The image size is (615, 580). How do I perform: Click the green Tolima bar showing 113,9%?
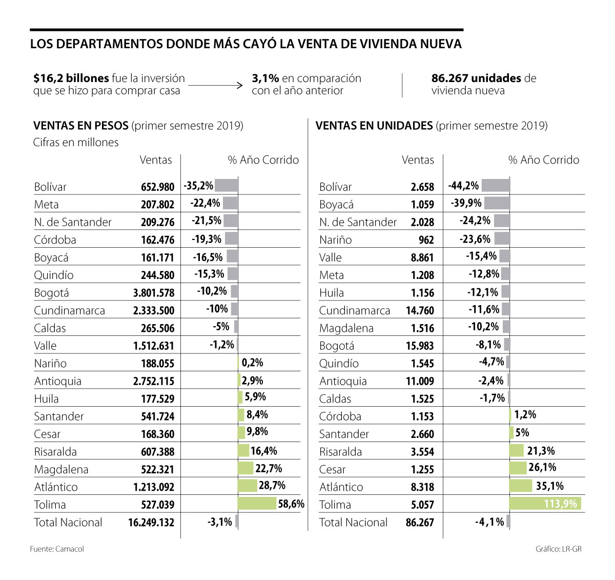545,504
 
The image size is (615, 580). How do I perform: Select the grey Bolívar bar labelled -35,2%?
226,186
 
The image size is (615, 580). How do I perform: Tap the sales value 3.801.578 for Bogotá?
154,293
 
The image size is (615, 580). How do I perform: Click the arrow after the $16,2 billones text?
215,85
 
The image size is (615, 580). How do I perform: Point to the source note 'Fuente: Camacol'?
57,549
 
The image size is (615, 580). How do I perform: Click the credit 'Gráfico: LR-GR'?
559,549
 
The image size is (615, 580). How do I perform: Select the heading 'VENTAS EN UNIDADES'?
374,126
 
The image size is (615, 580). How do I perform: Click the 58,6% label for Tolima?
291,504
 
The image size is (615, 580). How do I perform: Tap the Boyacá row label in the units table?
336,205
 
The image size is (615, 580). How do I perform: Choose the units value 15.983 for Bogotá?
420,346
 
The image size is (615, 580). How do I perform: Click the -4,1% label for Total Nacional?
489,522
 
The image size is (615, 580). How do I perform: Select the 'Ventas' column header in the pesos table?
156,160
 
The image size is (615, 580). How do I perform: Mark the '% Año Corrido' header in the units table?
544,160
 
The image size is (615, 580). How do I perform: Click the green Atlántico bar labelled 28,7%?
248,486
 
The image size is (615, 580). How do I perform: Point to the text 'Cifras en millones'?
76,143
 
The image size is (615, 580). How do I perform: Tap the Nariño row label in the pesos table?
50,364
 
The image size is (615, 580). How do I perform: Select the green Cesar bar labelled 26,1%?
518,468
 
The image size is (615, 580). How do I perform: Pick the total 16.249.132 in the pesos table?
151,523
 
